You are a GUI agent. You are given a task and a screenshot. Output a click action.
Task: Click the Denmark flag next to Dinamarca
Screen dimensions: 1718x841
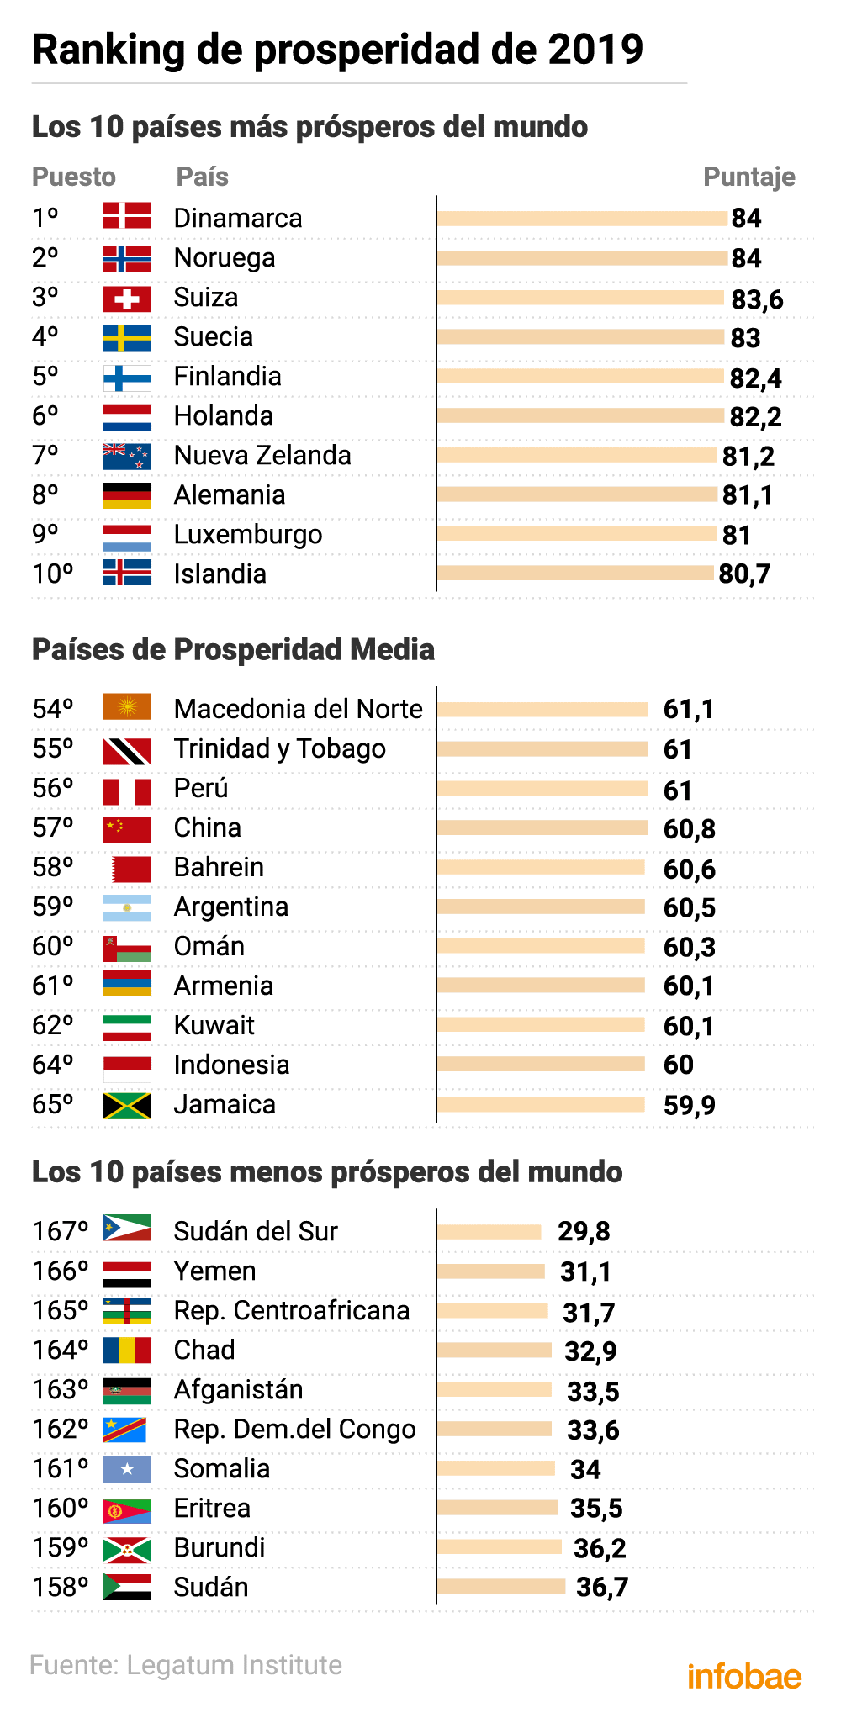[x=127, y=215]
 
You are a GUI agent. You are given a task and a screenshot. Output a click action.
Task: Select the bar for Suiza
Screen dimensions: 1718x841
[x=580, y=297]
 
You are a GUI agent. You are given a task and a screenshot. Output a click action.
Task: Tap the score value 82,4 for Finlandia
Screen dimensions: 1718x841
[x=755, y=378]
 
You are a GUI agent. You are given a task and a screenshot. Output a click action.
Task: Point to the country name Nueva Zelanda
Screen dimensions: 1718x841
[x=262, y=455]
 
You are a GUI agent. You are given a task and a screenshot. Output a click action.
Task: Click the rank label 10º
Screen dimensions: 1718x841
[x=53, y=574]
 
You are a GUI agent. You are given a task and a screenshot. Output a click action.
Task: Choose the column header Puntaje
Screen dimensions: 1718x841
[x=748, y=177]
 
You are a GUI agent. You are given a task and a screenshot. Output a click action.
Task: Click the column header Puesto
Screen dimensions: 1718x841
[x=74, y=177]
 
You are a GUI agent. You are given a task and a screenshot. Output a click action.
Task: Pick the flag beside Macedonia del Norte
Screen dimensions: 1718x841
[x=127, y=707]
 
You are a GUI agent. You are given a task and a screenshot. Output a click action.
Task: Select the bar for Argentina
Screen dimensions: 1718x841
[x=541, y=907]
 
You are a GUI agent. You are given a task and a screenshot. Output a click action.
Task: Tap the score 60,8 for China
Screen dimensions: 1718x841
[x=689, y=829]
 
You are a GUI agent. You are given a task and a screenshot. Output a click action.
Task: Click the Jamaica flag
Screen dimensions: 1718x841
[x=127, y=1105]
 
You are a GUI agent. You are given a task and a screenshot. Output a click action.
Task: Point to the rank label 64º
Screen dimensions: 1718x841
[x=53, y=1065]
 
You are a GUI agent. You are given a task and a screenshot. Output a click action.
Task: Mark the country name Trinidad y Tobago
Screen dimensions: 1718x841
[x=279, y=748]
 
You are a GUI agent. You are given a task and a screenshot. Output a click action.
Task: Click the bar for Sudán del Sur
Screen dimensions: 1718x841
[x=489, y=1232]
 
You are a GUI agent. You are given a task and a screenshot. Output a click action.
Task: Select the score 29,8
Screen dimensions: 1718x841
[x=584, y=1232]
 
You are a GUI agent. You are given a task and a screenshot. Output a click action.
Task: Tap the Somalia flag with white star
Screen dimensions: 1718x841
[x=127, y=1469]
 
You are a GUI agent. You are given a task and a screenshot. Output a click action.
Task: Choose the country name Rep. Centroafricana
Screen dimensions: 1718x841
[x=291, y=1310]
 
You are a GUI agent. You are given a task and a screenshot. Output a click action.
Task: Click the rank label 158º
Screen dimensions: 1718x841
[x=60, y=1587]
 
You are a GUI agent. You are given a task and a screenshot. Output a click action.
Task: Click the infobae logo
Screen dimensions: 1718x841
[x=744, y=1676]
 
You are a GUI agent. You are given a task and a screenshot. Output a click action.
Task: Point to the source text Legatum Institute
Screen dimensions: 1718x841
[x=234, y=1665]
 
